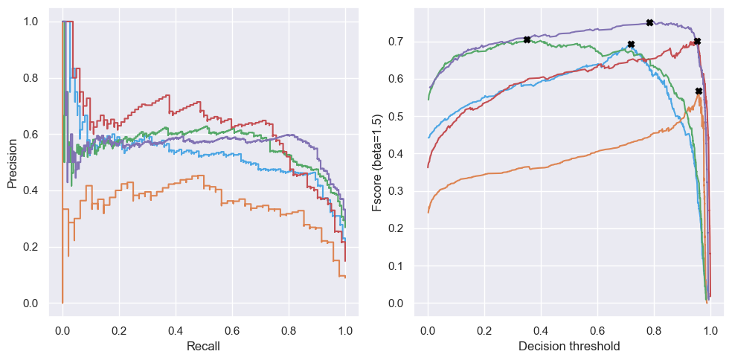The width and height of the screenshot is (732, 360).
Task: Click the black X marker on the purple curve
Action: click(649, 23)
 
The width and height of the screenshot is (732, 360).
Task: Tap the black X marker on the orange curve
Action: click(699, 91)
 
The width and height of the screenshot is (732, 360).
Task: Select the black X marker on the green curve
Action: click(527, 39)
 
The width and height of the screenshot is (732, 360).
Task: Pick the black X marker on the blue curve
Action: click(631, 45)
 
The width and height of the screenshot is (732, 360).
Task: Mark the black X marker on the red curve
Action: click(697, 42)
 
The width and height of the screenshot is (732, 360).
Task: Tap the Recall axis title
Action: click(203, 346)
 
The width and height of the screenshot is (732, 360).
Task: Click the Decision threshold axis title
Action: click(569, 346)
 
